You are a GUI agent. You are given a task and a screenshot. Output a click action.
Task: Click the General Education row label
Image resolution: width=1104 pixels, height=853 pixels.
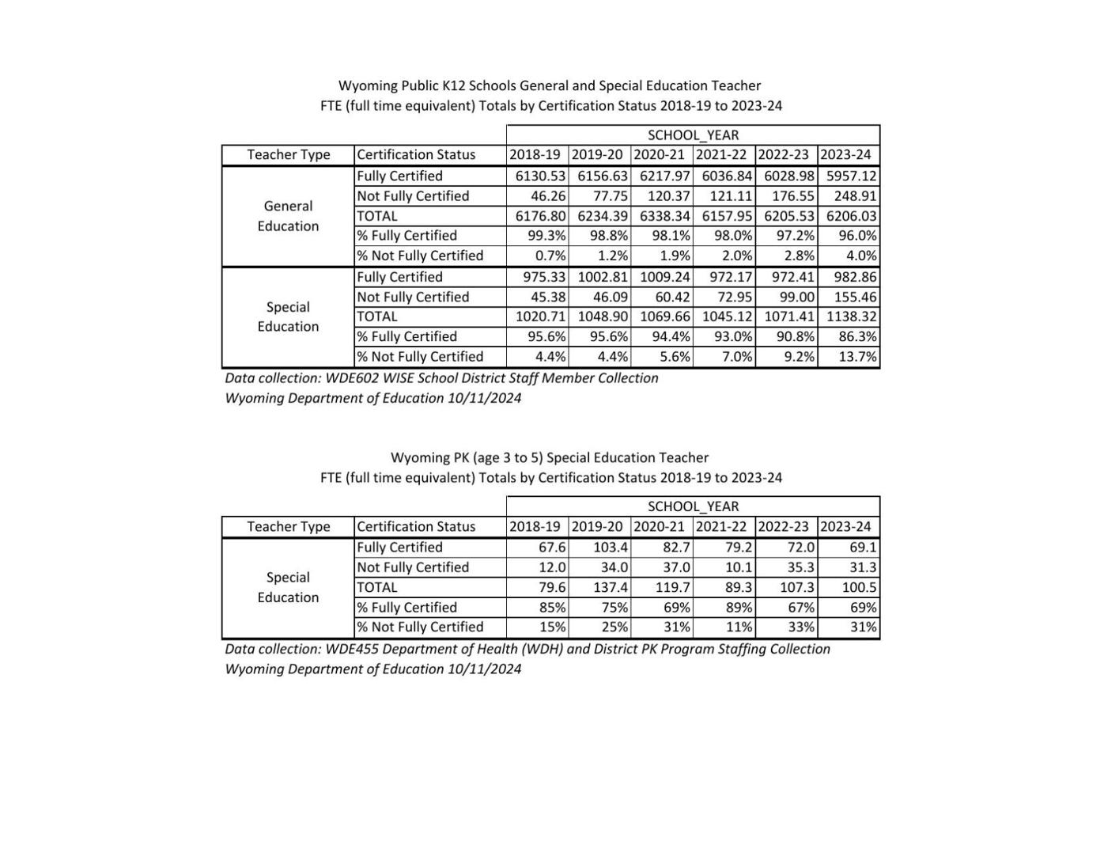tap(288, 216)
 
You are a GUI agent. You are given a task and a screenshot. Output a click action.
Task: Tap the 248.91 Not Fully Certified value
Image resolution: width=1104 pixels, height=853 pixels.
tap(855, 196)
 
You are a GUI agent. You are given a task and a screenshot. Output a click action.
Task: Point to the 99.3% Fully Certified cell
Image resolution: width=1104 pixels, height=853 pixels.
tap(546, 236)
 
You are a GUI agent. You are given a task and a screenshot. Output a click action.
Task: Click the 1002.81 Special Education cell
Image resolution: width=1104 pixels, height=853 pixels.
tap(603, 277)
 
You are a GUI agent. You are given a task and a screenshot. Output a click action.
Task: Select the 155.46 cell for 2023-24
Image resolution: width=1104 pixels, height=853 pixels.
tap(855, 298)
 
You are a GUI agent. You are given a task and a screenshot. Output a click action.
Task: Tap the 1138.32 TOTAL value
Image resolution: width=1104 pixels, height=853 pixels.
tap(852, 317)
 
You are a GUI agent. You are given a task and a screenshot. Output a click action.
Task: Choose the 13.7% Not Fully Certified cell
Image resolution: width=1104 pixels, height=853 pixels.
tap(857, 357)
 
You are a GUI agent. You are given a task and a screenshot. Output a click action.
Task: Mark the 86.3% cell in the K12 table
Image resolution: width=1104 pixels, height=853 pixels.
tap(857, 337)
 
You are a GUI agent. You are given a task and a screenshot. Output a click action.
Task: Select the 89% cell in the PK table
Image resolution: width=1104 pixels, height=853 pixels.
tap(739, 608)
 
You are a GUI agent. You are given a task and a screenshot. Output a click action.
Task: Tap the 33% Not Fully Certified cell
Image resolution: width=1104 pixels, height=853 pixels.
tap(801, 627)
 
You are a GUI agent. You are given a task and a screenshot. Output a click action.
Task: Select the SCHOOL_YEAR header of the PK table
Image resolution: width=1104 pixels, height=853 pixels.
tap(693, 506)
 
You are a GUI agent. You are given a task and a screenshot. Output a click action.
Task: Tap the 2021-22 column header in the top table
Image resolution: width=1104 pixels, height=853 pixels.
tap(721, 155)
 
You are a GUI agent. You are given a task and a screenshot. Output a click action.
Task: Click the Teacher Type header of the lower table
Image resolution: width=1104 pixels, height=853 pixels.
tap(288, 527)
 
